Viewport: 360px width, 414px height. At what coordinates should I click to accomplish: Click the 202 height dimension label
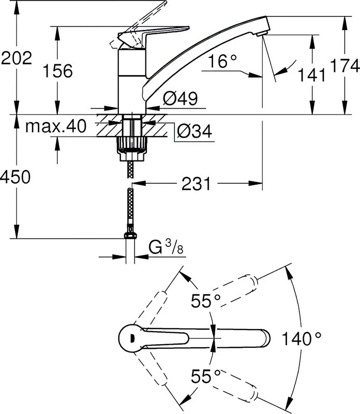point(17,58)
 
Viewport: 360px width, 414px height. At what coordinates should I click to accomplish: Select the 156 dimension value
point(57,71)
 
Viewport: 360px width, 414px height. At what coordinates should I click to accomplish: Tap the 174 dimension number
point(345,66)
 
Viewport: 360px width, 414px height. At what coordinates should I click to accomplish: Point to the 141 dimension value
point(312,75)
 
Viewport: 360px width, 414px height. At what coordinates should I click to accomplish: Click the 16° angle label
point(222,61)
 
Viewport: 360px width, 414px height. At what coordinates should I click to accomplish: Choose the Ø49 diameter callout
point(181,98)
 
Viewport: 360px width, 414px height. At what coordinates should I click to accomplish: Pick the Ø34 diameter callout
point(194,131)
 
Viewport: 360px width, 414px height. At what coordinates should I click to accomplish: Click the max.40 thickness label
point(56,126)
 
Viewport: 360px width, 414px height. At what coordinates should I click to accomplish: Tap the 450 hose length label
point(16,176)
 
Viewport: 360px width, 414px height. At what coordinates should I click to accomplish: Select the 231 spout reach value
point(196,184)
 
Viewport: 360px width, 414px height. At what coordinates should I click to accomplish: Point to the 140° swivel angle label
point(302,339)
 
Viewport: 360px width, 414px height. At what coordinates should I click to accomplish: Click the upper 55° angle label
point(205,301)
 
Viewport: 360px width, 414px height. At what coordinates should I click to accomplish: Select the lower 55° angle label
point(205,376)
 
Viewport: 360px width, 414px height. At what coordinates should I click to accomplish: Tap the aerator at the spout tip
point(262,34)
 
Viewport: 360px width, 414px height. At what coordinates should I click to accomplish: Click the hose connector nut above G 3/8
point(130,234)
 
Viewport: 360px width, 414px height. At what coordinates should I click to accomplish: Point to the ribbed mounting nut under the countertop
point(131,149)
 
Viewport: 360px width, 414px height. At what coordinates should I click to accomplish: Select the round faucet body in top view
point(131,338)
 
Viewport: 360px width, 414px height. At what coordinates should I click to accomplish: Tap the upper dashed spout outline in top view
point(238,290)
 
